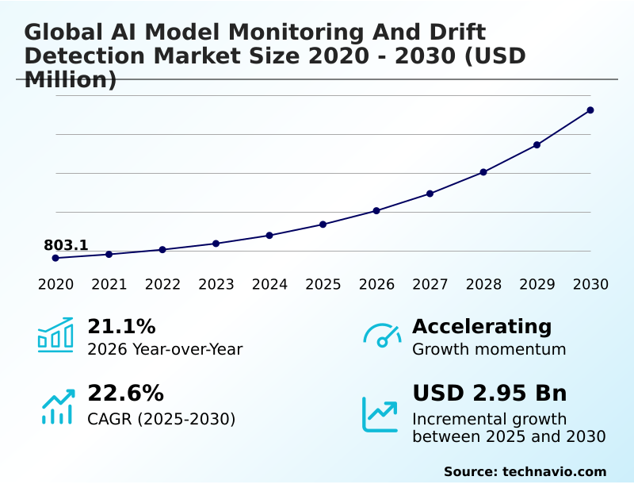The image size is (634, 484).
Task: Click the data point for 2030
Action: tap(590, 110)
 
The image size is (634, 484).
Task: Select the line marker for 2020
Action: tap(55, 258)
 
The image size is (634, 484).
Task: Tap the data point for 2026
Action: tap(376, 211)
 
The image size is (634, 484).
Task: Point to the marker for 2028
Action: tap(483, 172)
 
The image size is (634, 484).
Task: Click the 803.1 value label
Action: tap(66, 245)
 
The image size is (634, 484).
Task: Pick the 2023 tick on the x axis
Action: tap(216, 285)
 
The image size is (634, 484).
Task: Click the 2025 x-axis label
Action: tap(323, 285)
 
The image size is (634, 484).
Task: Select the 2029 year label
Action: tap(537, 285)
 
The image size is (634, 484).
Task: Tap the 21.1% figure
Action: tap(121, 326)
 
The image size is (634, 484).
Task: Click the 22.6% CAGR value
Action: tap(125, 394)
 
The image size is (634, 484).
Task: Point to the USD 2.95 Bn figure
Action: tap(490, 394)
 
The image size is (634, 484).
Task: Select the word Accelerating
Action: tap(482, 326)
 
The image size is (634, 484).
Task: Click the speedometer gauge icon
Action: tap(382, 336)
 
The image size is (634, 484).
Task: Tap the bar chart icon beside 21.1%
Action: tap(55, 335)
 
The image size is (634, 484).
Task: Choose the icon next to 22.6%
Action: tap(57, 406)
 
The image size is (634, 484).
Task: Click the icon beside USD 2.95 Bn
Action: tap(380, 414)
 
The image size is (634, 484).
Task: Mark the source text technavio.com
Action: tap(555, 471)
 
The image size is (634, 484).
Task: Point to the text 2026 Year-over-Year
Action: tap(165, 349)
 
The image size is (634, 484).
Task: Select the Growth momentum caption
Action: tap(489, 349)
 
